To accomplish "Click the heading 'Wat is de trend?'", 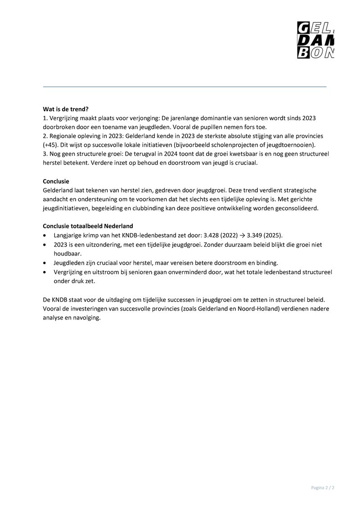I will point(66,109).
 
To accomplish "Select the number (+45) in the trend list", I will point(51,144).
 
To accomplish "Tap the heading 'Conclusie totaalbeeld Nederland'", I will point(91,226).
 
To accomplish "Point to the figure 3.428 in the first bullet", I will point(211,235).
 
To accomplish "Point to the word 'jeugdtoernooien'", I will point(293,144).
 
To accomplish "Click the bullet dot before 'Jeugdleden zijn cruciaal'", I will point(45,263).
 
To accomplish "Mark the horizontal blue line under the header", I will point(184,86).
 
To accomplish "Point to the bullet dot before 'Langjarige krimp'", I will point(45,235).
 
